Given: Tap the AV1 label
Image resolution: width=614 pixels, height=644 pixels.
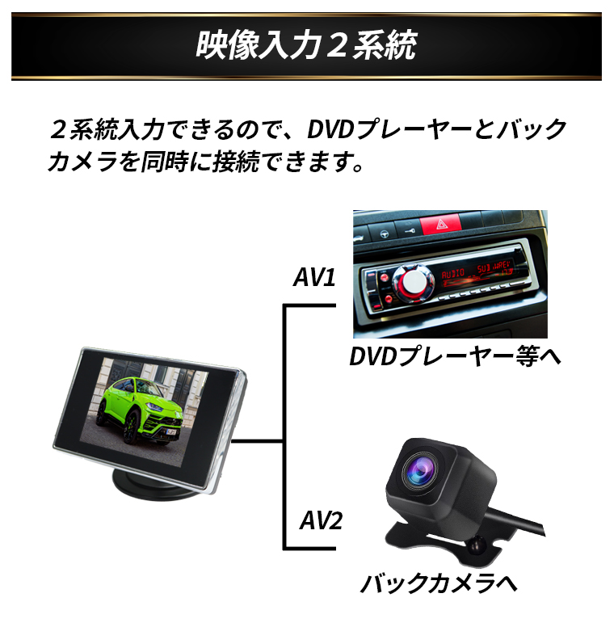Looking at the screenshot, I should coord(313,278).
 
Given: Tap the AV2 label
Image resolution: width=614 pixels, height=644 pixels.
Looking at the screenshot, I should coord(315,520).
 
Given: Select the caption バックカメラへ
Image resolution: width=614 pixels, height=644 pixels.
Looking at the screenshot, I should coord(439,583).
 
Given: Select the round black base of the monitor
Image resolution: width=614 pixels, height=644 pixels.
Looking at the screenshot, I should coord(154,485).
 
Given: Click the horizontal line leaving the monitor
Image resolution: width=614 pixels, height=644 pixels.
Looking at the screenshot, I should coord(257,441).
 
